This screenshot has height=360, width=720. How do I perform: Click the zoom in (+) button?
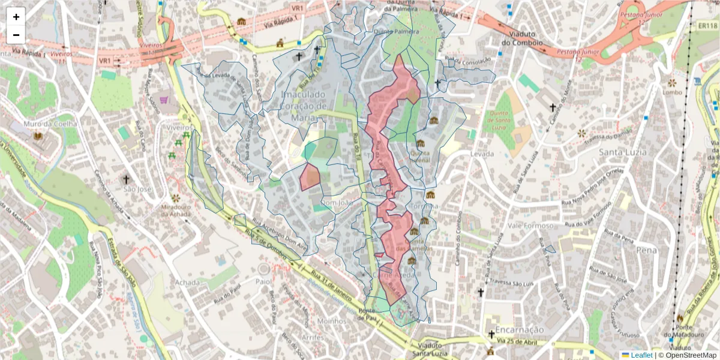pyautogui.click(x=16, y=17)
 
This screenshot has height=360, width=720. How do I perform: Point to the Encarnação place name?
pyautogui.click(x=515, y=329)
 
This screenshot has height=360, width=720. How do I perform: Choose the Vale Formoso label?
pyautogui.click(x=529, y=226)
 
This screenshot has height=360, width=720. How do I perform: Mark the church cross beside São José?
pyautogui.click(x=126, y=179)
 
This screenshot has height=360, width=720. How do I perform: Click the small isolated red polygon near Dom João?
pyautogui.click(x=310, y=176)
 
